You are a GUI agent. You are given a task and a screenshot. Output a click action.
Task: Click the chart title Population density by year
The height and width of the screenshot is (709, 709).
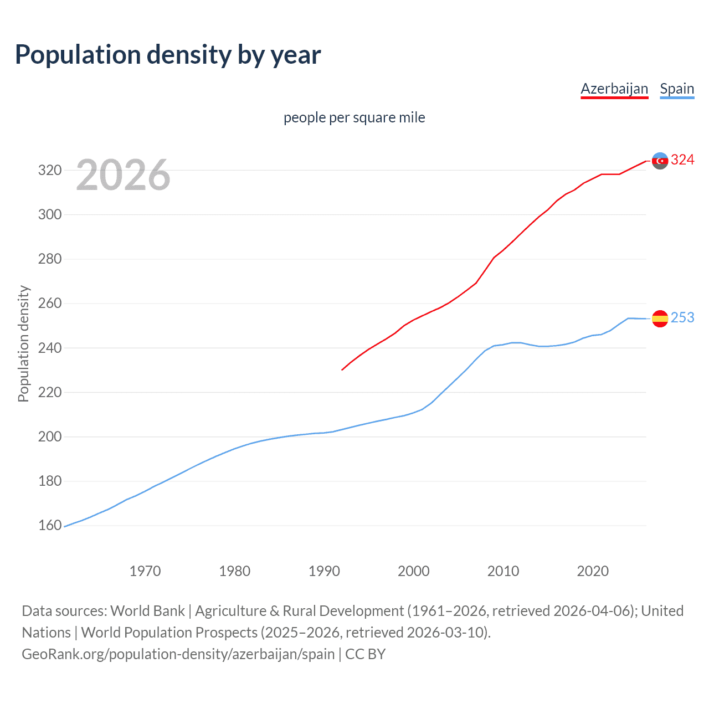pos(168,55)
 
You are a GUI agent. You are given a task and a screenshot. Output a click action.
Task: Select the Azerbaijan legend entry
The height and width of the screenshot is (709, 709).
pos(614,89)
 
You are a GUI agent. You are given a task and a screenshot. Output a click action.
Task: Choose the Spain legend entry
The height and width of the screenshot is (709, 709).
pos(677,89)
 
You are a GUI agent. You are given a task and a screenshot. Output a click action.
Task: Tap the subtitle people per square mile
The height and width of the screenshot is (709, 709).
pos(354,117)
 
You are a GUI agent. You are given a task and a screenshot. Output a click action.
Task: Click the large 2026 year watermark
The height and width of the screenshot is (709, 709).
pos(123,175)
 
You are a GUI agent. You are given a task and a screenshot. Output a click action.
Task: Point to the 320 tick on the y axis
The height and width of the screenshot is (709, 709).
pos(49,170)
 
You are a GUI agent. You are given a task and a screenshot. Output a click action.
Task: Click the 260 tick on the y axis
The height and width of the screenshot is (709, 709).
pos(49,304)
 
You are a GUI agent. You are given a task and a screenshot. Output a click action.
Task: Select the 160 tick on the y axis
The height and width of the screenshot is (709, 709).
pos(49,526)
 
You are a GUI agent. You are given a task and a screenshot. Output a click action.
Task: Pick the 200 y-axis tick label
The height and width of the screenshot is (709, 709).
pos(49,437)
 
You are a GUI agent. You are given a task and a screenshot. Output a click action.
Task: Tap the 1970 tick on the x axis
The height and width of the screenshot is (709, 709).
pos(145,571)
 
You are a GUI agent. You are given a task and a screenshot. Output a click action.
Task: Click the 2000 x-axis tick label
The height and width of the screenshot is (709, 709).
pos(414,571)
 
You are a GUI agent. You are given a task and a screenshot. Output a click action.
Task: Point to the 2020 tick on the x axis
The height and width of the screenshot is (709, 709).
pos(593,571)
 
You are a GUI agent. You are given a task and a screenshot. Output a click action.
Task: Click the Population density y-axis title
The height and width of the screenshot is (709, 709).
pos(23,343)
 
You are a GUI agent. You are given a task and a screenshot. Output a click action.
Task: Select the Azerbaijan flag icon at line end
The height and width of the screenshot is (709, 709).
pos(660,161)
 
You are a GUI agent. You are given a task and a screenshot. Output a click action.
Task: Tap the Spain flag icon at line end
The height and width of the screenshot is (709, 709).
pos(660,318)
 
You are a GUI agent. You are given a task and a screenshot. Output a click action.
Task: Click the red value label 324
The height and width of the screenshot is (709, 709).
pos(682,160)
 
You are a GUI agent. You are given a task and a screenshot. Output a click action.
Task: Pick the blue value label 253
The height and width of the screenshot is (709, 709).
pos(682,317)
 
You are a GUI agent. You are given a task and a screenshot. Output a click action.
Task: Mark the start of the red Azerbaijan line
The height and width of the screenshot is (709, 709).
pos(342,369)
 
